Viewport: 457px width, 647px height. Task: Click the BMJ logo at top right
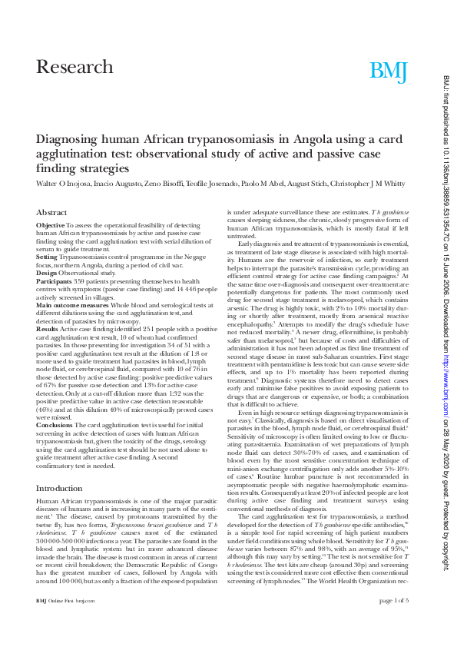tap(388, 71)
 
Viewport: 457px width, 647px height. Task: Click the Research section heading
tap(75, 67)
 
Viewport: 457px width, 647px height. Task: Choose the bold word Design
tap(47, 273)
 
